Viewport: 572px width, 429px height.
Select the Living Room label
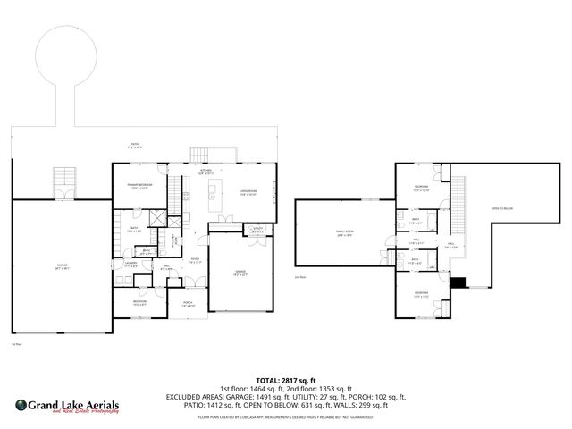pos(248,192)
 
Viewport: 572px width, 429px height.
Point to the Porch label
pos(189,303)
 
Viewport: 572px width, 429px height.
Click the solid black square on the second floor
pos(459,283)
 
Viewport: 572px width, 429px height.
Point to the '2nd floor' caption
pos(300,277)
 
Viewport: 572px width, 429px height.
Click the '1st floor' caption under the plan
pos(15,344)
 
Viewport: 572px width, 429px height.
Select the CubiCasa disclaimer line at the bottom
pos(286,416)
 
